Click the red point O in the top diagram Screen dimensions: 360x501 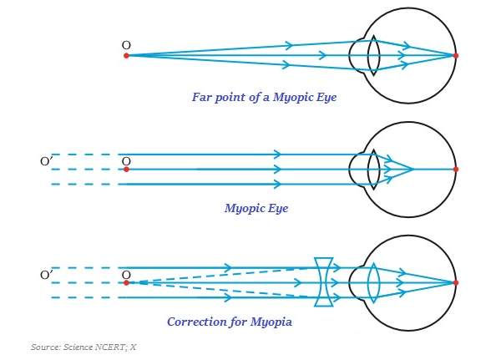click(126, 55)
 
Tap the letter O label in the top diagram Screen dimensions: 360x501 click(126, 44)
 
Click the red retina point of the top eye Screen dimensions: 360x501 click(456, 55)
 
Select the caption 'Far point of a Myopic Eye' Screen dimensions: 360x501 click(264, 97)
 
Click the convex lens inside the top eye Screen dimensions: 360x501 click(373, 55)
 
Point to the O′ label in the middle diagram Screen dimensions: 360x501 click(47, 160)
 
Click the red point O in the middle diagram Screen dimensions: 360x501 click(126, 170)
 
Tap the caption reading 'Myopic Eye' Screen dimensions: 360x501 click(256, 208)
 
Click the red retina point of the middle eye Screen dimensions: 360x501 click(456, 170)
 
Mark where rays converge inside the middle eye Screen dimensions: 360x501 click(413, 170)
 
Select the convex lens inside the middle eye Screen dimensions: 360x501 click(373, 170)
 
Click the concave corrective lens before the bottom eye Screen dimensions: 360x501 click(325, 282)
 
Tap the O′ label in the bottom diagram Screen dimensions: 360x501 click(47, 274)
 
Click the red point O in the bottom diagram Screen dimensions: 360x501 click(126, 282)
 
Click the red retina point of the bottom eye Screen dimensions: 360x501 click(456, 282)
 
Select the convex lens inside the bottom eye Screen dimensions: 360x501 click(373, 282)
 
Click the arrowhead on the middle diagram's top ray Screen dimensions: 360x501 click(277, 155)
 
